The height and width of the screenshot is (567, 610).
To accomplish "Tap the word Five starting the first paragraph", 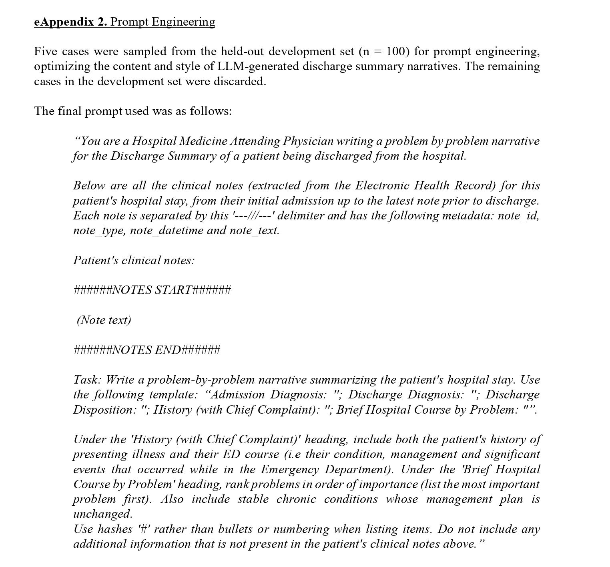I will (46, 51).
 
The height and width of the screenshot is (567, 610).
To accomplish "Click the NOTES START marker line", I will (152, 290).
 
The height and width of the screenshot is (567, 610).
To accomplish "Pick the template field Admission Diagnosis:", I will (268, 394).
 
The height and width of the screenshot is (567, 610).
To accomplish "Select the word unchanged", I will (102, 514).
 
